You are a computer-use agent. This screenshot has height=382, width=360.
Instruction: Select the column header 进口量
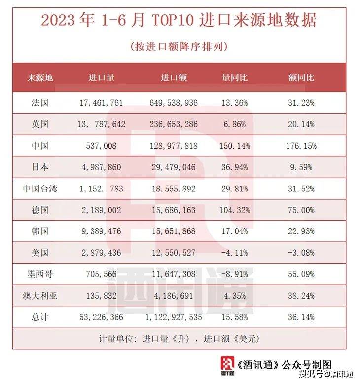click(102, 78)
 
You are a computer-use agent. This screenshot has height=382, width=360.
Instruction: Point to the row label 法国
click(39, 103)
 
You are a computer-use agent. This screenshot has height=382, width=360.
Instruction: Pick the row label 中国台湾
click(39, 189)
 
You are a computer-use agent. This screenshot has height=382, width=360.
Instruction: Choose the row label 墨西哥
click(39, 274)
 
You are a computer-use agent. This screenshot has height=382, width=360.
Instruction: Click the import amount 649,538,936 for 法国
click(173, 103)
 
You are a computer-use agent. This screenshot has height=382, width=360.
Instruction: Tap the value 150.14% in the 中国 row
click(235, 146)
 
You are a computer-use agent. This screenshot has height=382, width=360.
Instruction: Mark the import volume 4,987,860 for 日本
click(101, 167)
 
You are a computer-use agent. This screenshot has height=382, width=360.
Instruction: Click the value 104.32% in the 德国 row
click(235, 210)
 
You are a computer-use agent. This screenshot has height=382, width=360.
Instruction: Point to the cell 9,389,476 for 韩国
click(101, 231)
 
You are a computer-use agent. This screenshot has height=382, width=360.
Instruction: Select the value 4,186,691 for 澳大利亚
click(173, 296)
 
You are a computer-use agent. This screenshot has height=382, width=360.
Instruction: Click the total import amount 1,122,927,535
click(173, 317)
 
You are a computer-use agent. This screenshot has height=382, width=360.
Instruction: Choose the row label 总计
click(39, 317)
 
